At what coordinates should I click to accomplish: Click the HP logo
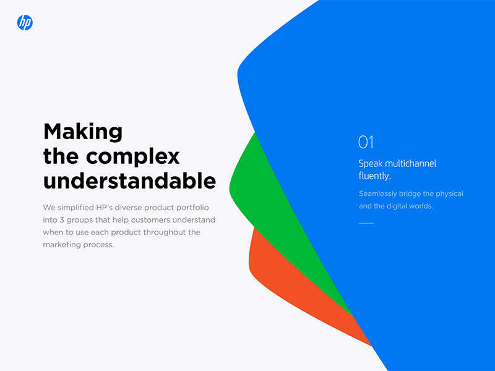pyautogui.click(x=25, y=23)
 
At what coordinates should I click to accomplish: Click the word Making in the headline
pyautogui.click(x=83, y=132)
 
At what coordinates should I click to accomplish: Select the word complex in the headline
pyautogui.click(x=133, y=157)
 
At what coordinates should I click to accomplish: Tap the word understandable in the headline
pyautogui.click(x=129, y=181)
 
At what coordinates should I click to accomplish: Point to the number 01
pyautogui.click(x=366, y=142)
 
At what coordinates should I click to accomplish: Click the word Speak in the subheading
pyautogui.click(x=371, y=164)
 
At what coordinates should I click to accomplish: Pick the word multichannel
pyautogui.click(x=411, y=163)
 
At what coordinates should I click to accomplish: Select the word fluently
pyautogui.click(x=375, y=176)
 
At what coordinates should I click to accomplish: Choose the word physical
pyautogui.click(x=450, y=194)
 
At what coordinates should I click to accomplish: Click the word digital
pyautogui.click(x=397, y=207)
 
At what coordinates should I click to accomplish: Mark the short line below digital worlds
pyautogui.click(x=366, y=223)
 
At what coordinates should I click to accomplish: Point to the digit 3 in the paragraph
pyautogui.click(x=62, y=220)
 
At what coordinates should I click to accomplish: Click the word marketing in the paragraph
pyautogui.click(x=60, y=245)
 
